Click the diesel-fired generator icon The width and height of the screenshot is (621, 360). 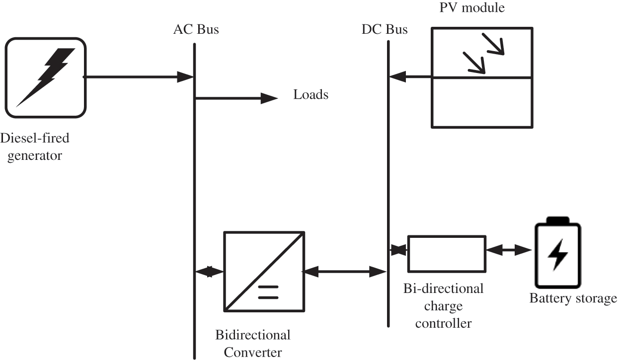46,78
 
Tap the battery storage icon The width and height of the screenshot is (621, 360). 557,255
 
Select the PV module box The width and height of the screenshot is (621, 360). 481,77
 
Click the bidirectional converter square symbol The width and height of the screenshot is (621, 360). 264,271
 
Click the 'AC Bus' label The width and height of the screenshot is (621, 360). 196,30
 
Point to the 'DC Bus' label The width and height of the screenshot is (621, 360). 385,30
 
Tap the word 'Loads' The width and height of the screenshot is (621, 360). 310,95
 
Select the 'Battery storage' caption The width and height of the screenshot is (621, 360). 573,299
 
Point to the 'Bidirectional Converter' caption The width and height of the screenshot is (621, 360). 252,343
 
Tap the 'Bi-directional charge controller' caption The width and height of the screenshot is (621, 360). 443,305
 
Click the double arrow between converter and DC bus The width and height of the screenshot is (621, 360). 344,271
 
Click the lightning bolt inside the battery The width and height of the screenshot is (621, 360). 557,256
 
